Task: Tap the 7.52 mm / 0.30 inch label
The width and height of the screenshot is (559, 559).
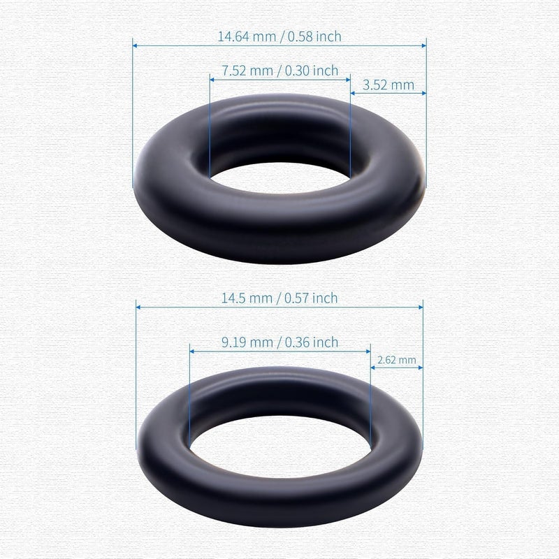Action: pyautogui.click(x=279, y=71)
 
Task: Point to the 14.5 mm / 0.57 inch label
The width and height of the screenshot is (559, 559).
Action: pyautogui.click(x=279, y=298)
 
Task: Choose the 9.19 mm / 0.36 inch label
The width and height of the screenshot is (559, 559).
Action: pyautogui.click(x=279, y=342)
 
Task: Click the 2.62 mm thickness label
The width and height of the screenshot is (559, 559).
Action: pyautogui.click(x=396, y=361)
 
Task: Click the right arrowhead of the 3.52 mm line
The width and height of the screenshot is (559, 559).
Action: pyautogui.click(x=423, y=93)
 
